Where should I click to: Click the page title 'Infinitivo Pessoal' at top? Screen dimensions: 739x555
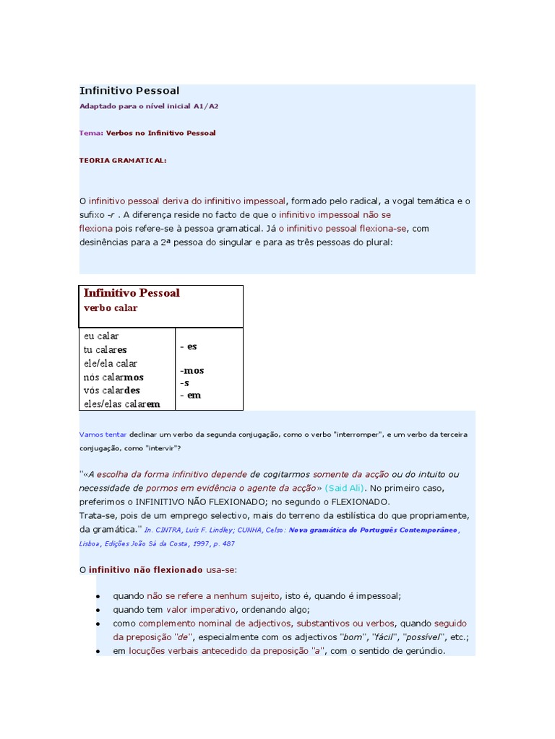tap(129, 91)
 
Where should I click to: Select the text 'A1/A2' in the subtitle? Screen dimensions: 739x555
tap(206, 106)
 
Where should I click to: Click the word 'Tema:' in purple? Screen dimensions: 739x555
tap(91, 133)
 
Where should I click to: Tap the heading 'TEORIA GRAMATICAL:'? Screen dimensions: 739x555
tap(122, 160)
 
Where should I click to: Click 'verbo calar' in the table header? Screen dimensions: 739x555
tap(111, 307)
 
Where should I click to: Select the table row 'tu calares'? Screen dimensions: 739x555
tap(106, 350)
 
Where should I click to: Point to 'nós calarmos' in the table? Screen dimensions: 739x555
tap(113, 377)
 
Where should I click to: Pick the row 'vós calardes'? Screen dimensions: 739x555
tap(112, 390)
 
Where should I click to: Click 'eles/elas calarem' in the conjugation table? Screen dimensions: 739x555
tap(121, 404)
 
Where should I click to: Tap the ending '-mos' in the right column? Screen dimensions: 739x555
tap(192, 370)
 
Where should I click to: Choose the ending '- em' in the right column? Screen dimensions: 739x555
tap(191, 395)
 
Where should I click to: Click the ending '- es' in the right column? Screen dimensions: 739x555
tap(189, 346)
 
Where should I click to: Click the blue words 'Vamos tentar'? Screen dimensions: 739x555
tap(103, 436)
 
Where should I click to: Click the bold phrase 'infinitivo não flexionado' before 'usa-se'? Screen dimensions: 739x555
tap(146, 570)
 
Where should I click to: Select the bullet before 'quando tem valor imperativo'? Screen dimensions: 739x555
tap(98, 610)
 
